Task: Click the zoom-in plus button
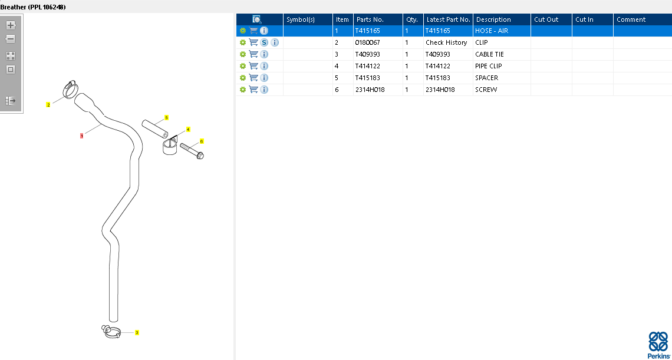click(x=11, y=25)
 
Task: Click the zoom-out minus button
click(x=11, y=39)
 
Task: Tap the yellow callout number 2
click(x=48, y=104)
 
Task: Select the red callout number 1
click(x=81, y=136)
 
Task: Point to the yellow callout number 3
click(x=137, y=332)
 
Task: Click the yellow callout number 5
click(x=166, y=117)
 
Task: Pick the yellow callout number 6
click(x=202, y=141)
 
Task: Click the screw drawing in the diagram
click(x=192, y=151)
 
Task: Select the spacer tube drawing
click(x=155, y=129)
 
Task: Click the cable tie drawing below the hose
click(x=111, y=332)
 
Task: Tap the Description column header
click(x=493, y=19)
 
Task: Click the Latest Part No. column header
click(x=448, y=19)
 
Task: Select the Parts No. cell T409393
click(x=368, y=54)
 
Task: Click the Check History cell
click(x=446, y=42)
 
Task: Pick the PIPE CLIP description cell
click(x=489, y=66)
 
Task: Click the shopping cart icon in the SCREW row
click(x=253, y=90)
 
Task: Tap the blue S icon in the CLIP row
click(x=265, y=42)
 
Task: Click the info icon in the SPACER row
click(x=265, y=78)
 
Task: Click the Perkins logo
click(x=658, y=345)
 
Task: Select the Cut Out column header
click(x=546, y=19)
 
